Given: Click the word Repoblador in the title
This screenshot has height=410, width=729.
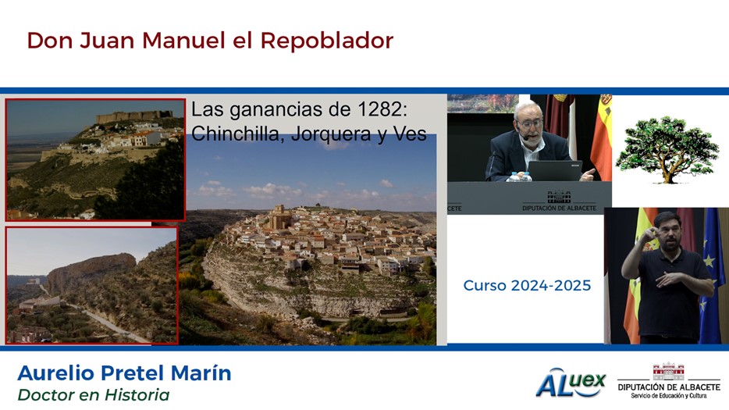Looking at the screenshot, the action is [x=327, y=41].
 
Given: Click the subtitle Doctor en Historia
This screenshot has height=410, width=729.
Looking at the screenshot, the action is [x=94, y=395].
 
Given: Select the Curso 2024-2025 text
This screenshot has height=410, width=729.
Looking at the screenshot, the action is [x=527, y=285].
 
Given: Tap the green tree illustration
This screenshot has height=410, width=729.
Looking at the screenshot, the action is [x=667, y=149].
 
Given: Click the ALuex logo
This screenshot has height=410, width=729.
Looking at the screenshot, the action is [x=571, y=383].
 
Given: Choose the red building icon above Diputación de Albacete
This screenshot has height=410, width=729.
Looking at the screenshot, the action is [x=669, y=371].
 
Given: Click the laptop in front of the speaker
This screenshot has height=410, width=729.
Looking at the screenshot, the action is [x=554, y=171].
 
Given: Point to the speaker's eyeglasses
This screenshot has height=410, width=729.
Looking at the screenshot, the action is [x=529, y=124].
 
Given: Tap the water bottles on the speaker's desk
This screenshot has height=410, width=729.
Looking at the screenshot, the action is [x=519, y=176].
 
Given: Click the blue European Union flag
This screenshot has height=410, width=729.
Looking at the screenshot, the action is [x=711, y=275].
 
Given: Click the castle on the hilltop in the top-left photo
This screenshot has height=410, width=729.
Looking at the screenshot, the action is [x=134, y=116].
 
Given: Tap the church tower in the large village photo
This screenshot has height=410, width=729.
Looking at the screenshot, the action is [x=279, y=216].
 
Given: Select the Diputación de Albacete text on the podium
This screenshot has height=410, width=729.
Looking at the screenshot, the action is [x=559, y=208].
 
